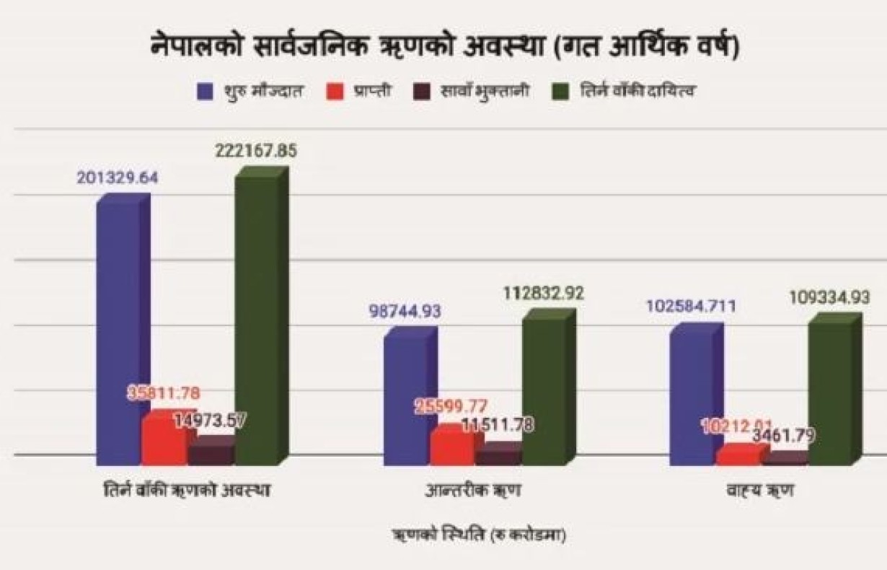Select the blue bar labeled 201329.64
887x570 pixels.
pyautogui.click(x=118, y=332)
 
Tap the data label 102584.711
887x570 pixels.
pyautogui.click(x=692, y=307)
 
